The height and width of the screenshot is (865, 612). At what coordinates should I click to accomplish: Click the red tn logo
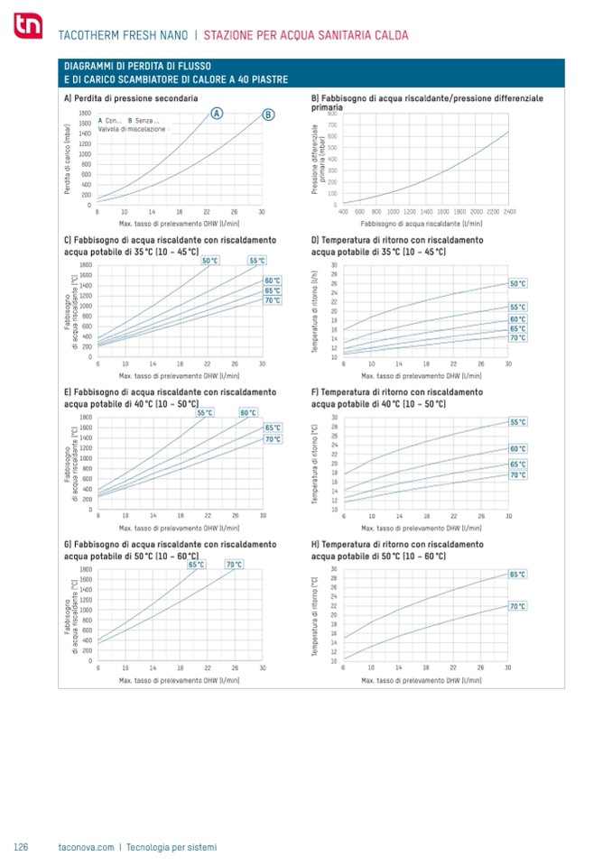click(24, 31)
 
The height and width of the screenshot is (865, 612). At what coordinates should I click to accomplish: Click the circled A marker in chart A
click(217, 113)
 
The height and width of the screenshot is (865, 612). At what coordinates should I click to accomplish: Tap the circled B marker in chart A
click(268, 115)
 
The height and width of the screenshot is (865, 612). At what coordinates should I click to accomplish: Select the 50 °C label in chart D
click(517, 284)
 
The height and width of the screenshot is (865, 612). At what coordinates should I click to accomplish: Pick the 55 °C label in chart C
click(257, 261)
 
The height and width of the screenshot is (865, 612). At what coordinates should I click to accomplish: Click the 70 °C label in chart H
click(517, 606)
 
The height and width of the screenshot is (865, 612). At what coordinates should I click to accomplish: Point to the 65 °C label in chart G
click(196, 565)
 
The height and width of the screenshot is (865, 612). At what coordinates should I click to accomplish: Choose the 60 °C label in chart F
click(517, 448)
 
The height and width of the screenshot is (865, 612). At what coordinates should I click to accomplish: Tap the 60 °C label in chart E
click(248, 413)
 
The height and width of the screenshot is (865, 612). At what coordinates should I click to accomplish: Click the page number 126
click(22, 847)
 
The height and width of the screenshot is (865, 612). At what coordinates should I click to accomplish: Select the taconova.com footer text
click(86, 847)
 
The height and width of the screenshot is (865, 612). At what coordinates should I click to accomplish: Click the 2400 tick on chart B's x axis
click(510, 211)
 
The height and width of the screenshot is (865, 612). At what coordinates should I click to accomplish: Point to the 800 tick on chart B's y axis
click(332, 115)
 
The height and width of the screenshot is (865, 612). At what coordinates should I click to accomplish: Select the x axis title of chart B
click(422, 221)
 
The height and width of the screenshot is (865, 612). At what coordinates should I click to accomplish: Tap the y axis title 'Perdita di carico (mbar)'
click(68, 159)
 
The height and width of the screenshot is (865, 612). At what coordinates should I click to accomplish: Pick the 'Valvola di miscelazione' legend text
click(132, 130)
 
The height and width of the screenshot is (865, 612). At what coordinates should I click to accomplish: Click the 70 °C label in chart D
click(517, 338)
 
